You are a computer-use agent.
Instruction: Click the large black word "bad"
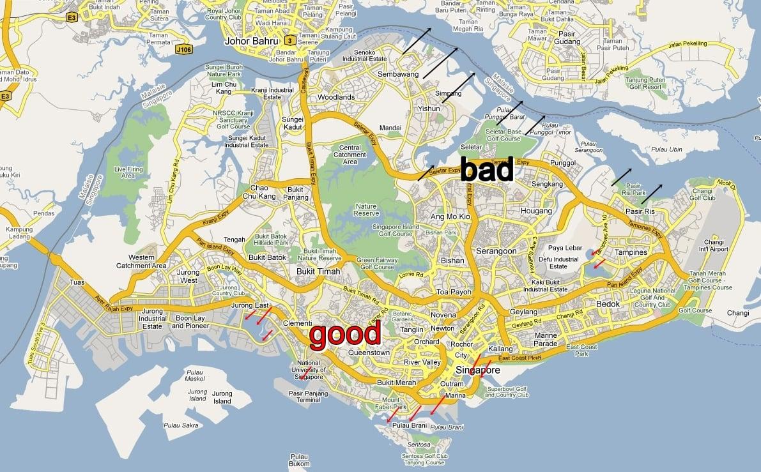click(x=486, y=170)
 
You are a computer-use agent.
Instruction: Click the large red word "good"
click(x=345, y=333)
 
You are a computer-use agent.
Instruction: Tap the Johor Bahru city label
click(x=252, y=42)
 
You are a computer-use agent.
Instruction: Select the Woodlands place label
click(x=335, y=97)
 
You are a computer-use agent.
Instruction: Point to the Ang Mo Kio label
click(x=450, y=217)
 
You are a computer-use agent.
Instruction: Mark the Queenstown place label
click(x=369, y=353)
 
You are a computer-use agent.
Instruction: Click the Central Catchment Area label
click(x=350, y=155)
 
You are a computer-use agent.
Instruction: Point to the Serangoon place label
click(x=496, y=252)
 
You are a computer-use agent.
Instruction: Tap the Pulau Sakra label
click(x=181, y=425)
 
